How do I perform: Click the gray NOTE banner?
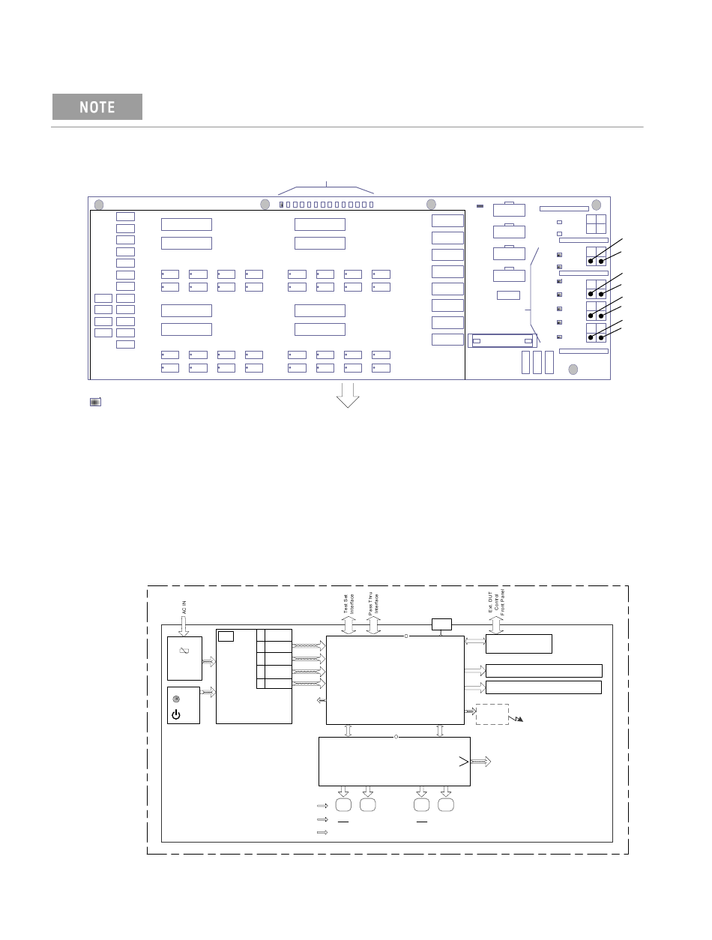[97, 106]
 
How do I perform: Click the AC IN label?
[184, 607]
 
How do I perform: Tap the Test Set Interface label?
[349, 604]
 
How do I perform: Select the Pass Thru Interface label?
[373, 603]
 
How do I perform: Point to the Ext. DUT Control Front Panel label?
[496, 602]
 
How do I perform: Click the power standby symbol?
[176, 714]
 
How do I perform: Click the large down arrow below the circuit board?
[348, 395]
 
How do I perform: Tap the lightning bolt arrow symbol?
[516, 718]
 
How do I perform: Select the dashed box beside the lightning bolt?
[492, 714]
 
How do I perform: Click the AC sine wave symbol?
[184, 651]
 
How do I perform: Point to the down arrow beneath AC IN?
[184, 626]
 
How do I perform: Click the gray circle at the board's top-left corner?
[99, 205]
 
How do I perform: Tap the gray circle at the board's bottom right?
[573, 369]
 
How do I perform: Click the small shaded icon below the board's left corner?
[95, 402]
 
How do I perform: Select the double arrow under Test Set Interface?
[349, 625]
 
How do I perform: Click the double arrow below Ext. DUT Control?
[496, 625]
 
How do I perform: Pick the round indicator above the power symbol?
[176, 699]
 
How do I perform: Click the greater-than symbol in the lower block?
[464, 762]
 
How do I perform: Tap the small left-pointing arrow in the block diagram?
[321, 700]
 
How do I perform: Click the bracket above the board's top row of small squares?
[326, 187]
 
